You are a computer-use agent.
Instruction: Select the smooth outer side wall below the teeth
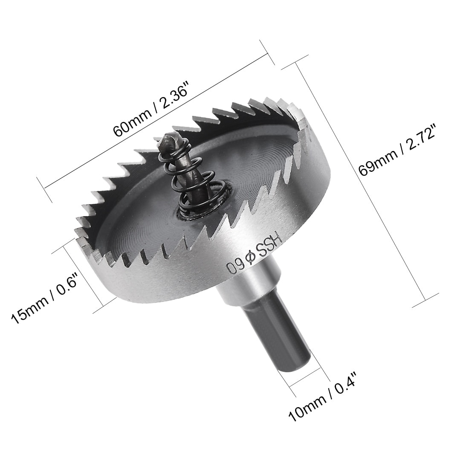179,281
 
